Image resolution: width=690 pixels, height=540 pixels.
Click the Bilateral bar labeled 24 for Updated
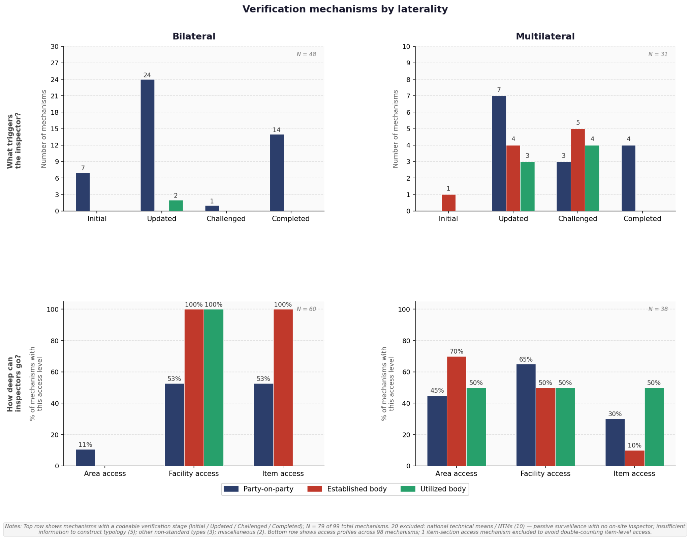(x=147, y=145)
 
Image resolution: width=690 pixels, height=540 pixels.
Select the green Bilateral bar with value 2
(x=176, y=206)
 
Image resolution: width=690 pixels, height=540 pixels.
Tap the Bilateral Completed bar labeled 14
(x=277, y=173)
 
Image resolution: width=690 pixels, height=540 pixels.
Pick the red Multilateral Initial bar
(x=448, y=203)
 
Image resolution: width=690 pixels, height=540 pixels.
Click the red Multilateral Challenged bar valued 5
(x=578, y=170)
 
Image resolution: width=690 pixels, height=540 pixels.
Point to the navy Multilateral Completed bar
(x=628, y=178)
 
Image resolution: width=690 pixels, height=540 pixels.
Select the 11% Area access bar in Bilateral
(x=86, y=458)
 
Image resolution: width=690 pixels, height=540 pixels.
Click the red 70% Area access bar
(x=457, y=411)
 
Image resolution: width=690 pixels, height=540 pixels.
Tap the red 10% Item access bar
(x=635, y=458)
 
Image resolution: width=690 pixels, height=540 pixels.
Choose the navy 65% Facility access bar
(x=526, y=415)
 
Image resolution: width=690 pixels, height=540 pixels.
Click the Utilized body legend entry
(x=433, y=489)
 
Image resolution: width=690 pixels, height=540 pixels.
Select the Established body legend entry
(x=347, y=489)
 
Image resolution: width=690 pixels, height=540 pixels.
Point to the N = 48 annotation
(x=306, y=54)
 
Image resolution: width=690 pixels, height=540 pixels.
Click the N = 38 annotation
(x=658, y=309)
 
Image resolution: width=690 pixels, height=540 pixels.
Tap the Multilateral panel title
(x=545, y=36)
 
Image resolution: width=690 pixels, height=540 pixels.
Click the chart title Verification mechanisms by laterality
(x=345, y=9)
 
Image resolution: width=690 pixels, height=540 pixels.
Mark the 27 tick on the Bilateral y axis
(x=55, y=63)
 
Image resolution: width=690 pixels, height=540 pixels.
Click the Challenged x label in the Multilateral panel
(x=577, y=219)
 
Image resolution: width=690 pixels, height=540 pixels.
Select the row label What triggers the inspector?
(x=14, y=141)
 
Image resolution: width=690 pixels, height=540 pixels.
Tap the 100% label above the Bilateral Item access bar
(x=283, y=305)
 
